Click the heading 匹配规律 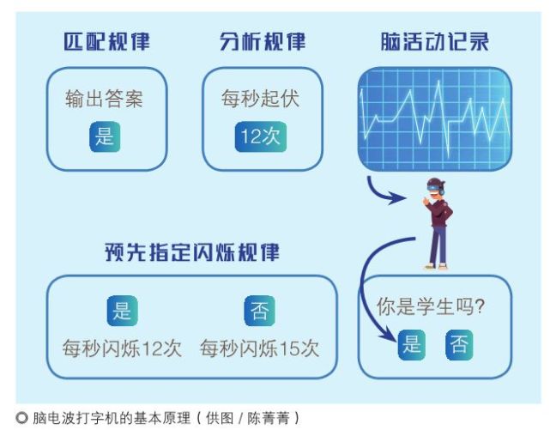106,41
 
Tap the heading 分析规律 262,41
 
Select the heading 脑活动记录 434,41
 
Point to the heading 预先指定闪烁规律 191,252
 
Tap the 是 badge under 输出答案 105,136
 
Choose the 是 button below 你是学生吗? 412,345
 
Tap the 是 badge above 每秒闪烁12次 122,310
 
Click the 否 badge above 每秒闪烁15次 259,310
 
